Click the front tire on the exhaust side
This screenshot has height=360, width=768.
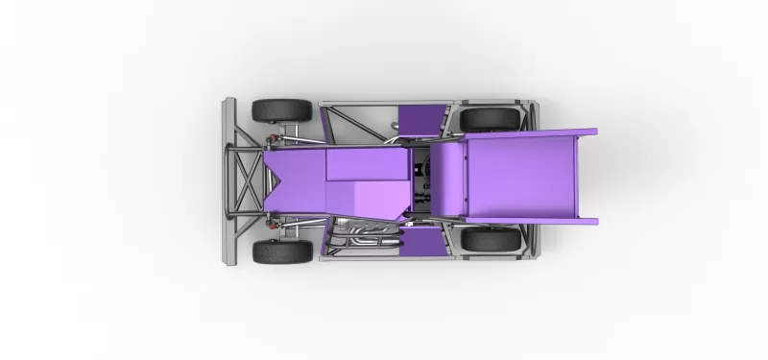(x=282, y=252)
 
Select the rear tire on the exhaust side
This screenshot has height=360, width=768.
(x=490, y=240)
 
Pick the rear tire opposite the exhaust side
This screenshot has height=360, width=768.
(x=490, y=118)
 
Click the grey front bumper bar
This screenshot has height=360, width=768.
(x=228, y=180)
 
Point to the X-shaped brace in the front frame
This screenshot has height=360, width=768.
(x=247, y=180)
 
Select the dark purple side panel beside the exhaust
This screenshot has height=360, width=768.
(x=422, y=241)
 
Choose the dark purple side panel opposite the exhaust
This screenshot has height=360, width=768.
(x=420, y=117)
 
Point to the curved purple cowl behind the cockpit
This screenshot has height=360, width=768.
(x=445, y=178)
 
